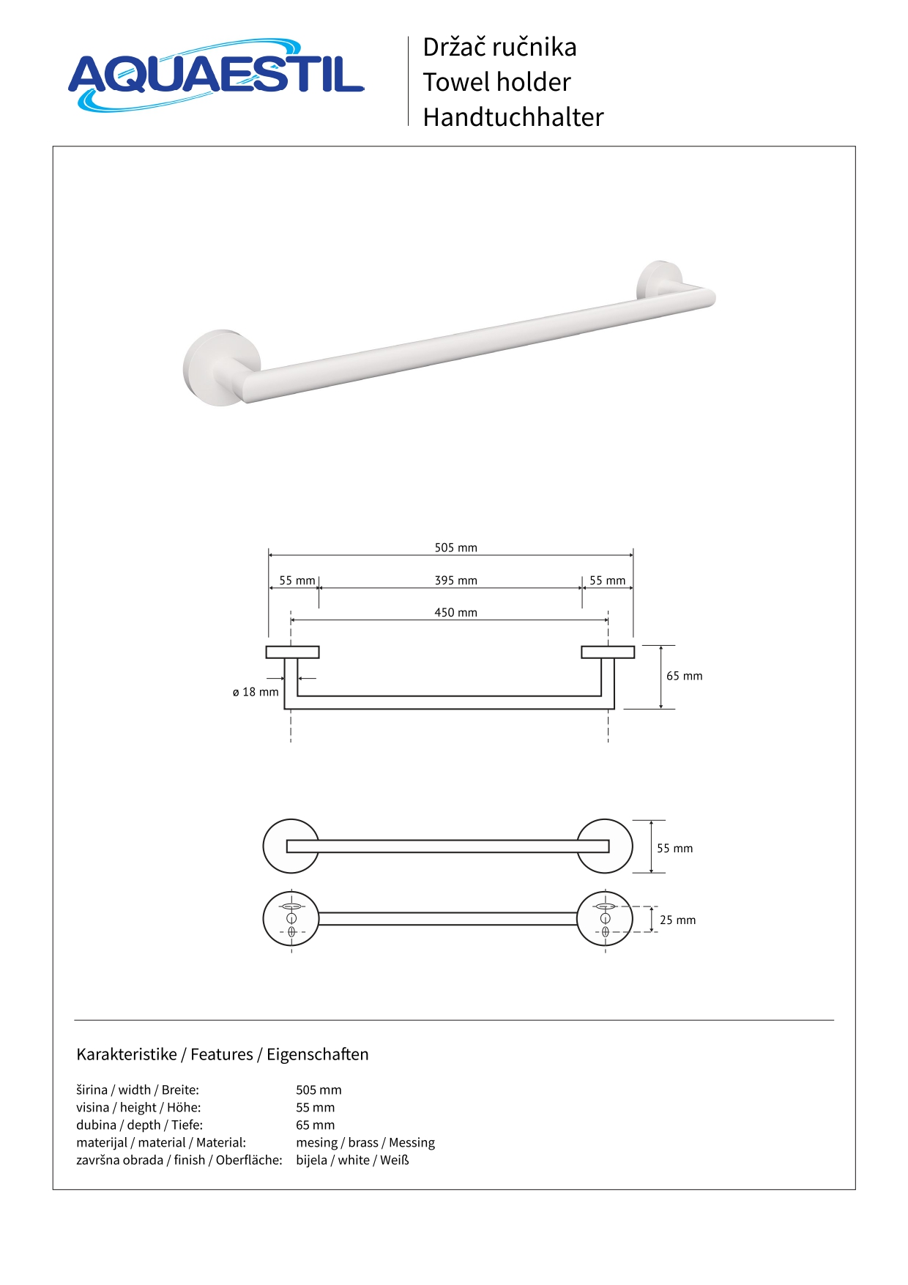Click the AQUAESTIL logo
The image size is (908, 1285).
tap(216, 75)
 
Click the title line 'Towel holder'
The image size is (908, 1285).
tap(496, 82)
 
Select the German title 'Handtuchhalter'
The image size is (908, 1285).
tap(513, 117)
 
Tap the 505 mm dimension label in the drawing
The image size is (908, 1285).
tap(455, 548)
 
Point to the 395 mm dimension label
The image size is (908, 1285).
tap(455, 581)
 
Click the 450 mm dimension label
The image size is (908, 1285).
tap(455, 613)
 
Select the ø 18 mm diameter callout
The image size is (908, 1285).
tap(256, 692)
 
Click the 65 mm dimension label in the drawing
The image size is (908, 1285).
tap(684, 676)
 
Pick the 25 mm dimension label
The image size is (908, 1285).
tap(677, 920)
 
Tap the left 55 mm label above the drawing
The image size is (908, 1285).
tap(297, 581)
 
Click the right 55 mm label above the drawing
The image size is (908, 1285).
tap(607, 581)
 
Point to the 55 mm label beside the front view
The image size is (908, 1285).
tap(674, 849)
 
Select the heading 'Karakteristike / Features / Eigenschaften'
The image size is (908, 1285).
tap(223, 1054)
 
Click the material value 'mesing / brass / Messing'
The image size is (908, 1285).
tap(365, 1143)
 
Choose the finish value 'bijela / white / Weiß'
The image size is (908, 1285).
tap(352, 1161)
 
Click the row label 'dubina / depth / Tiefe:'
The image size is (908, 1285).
tap(139, 1125)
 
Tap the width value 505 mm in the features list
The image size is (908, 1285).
tap(319, 1090)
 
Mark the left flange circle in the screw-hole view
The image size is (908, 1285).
tap(291, 919)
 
